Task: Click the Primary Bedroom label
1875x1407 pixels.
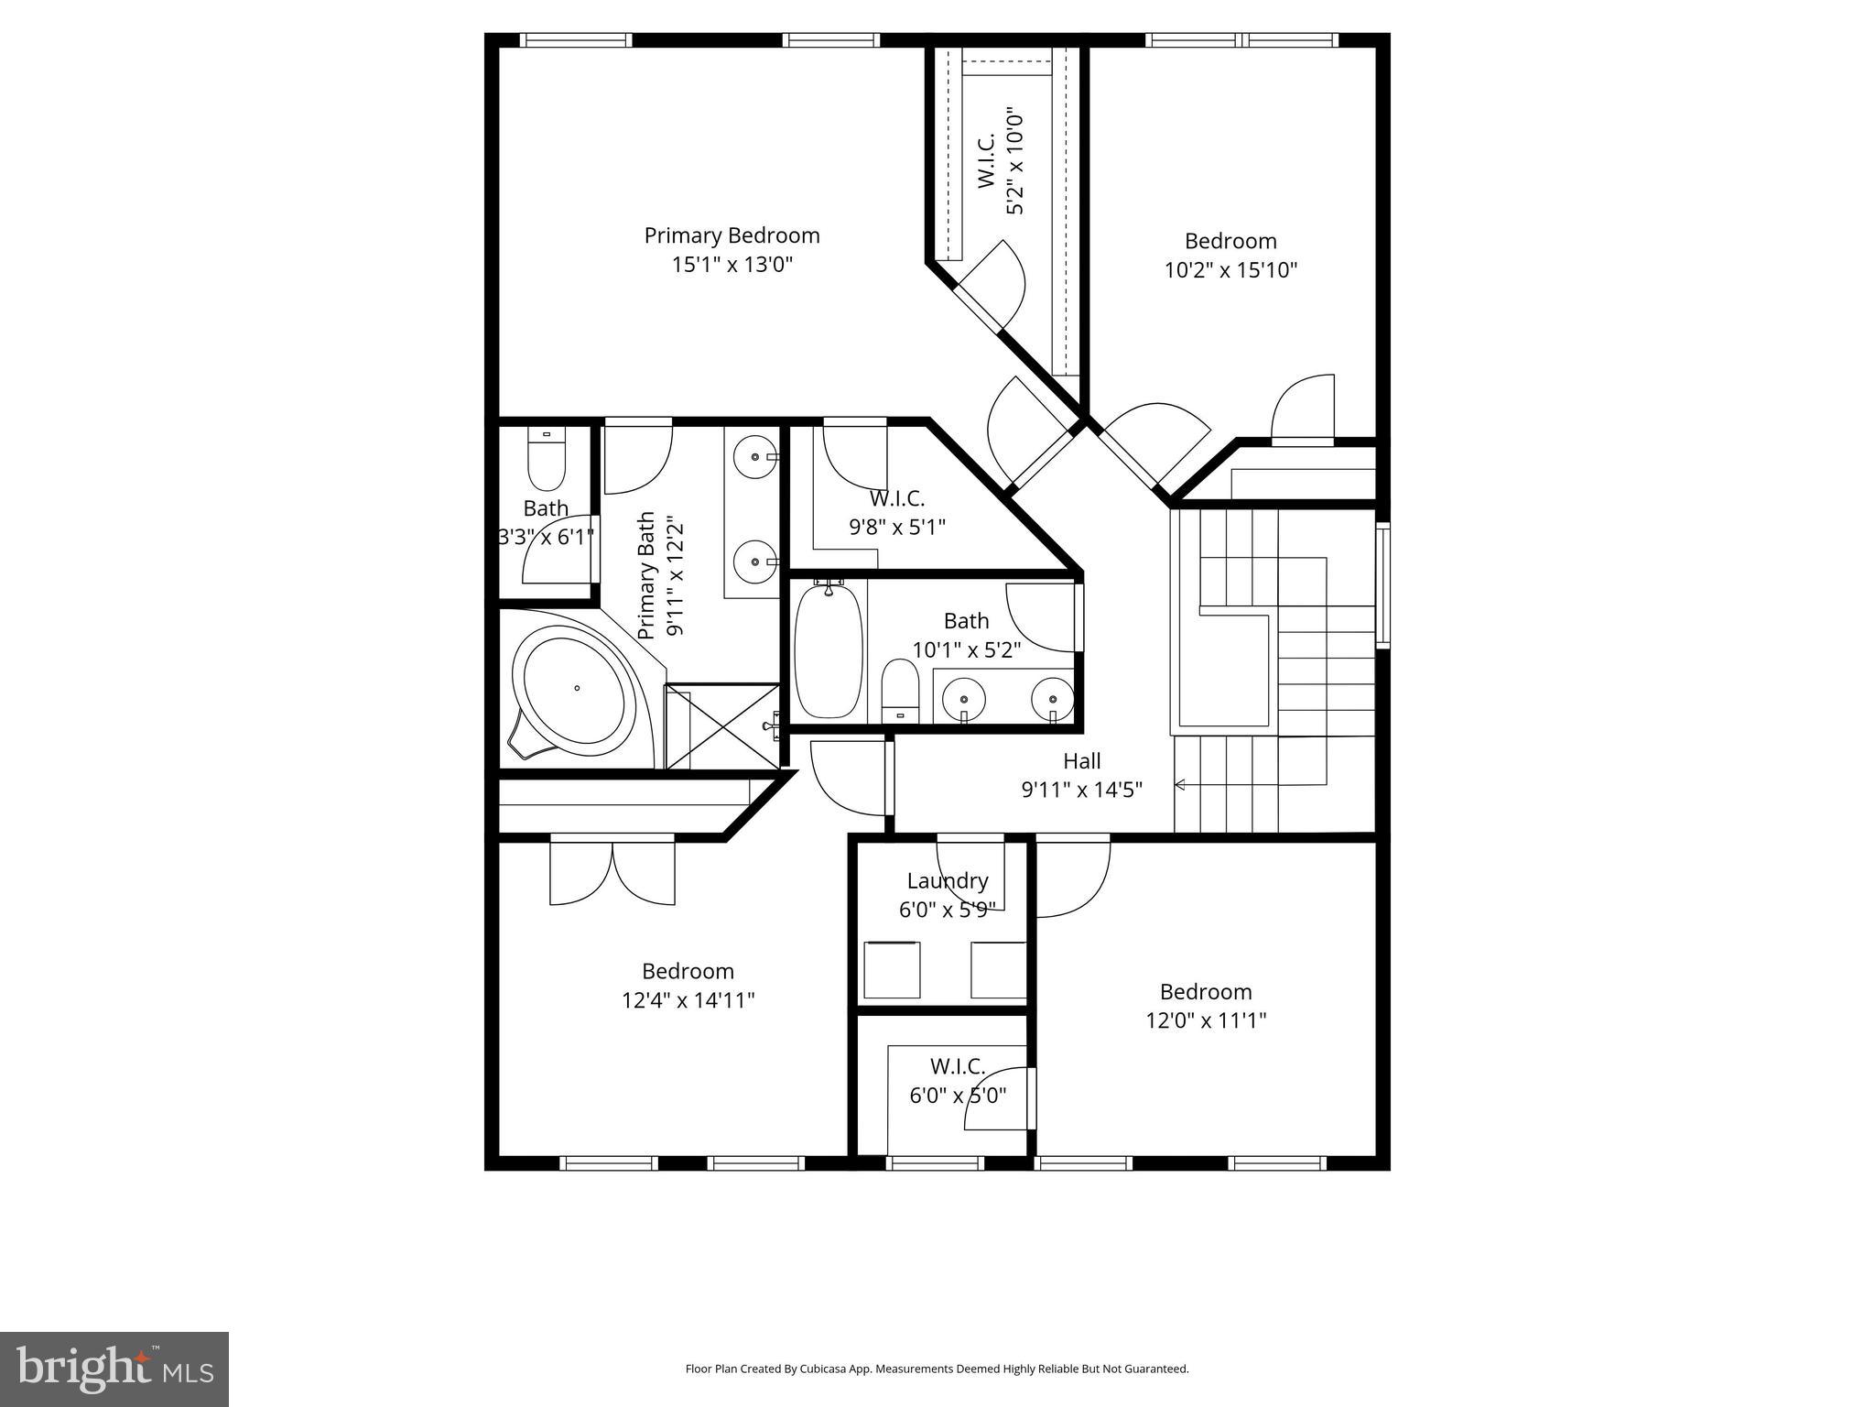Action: pos(732,235)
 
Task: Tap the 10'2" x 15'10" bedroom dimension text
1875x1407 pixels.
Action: pos(1230,270)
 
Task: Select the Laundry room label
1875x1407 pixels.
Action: pos(948,881)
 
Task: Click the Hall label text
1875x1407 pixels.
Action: pos(1081,761)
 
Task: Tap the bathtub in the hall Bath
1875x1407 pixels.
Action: pos(829,652)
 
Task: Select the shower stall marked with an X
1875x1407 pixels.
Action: pos(722,725)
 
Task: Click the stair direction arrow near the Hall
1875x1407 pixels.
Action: pos(1181,784)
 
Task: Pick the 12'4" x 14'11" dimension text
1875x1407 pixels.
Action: pos(688,1000)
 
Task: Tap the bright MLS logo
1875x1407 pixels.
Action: pos(114,1369)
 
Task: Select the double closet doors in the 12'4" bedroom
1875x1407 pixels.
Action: pos(612,870)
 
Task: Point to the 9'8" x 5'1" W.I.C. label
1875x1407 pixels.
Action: pos(896,513)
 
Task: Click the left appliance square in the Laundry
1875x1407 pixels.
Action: pos(891,969)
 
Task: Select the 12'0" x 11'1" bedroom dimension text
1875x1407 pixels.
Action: pos(1205,1020)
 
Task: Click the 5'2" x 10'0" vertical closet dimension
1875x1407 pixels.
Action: pos(1014,161)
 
